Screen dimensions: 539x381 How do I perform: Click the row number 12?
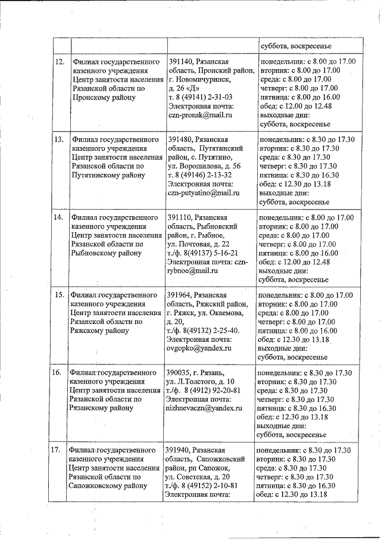[60, 62]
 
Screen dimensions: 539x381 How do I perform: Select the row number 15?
[60, 295]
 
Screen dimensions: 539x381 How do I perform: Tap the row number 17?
[58, 450]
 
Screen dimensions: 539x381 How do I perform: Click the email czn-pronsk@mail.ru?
[200, 114]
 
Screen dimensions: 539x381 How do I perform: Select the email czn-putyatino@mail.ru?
[204, 193]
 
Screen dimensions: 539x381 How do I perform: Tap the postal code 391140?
[182, 62]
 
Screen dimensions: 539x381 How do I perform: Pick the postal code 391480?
[182, 140]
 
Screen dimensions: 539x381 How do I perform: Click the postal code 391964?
[182, 295]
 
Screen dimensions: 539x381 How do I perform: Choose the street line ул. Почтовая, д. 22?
[198, 244]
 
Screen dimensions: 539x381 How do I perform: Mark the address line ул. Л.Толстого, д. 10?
[201, 382]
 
